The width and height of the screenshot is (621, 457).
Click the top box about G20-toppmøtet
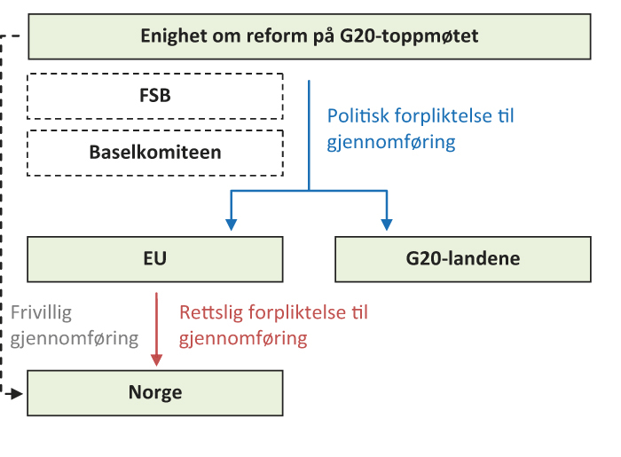pyautogui.click(x=309, y=36)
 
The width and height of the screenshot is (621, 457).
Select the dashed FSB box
pyautogui.click(x=154, y=96)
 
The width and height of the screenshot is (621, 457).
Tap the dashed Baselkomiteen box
pyautogui.click(x=154, y=152)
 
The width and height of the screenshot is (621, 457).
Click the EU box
pyautogui.click(x=154, y=259)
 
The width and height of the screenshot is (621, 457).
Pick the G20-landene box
pyautogui.click(x=462, y=259)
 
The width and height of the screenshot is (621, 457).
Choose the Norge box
pyautogui.click(x=154, y=392)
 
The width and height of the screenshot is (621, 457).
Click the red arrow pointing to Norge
pyautogui.click(x=157, y=324)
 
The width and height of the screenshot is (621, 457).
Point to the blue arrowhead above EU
pyautogui.click(x=232, y=224)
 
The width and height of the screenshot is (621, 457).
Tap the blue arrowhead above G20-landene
pyautogui.click(x=386, y=224)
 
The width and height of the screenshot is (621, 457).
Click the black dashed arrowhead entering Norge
pyautogui.click(x=17, y=392)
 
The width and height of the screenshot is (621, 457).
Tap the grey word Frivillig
pyautogui.click(x=41, y=312)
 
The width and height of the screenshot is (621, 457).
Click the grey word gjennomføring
pyautogui.click(x=75, y=338)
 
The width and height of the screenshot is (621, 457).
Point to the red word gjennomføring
pyautogui.click(x=243, y=338)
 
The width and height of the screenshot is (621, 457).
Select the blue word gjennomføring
pyautogui.click(x=391, y=142)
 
